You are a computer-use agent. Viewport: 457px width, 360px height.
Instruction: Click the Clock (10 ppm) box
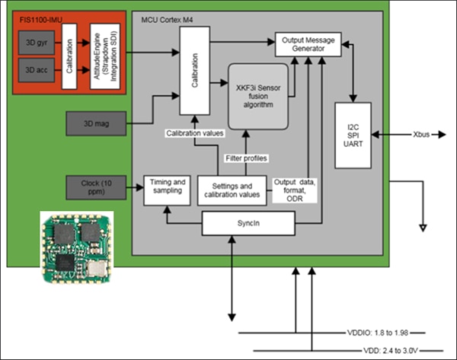[99, 186]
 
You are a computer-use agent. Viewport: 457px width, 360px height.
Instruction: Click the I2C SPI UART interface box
[352, 134]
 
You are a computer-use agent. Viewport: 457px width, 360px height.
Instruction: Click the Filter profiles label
[244, 157]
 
